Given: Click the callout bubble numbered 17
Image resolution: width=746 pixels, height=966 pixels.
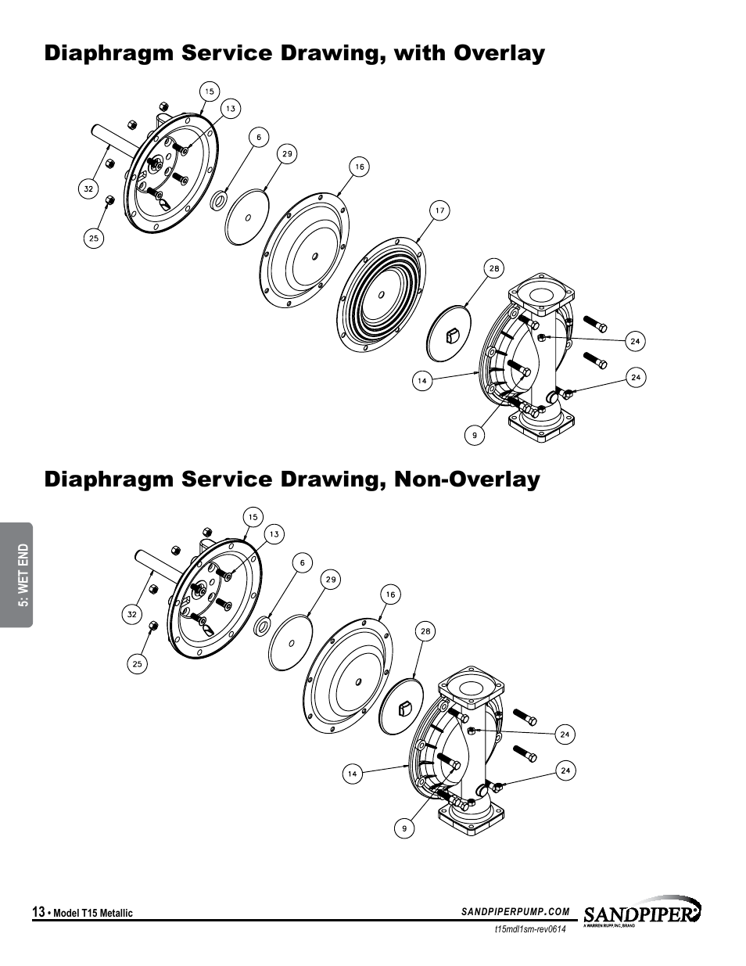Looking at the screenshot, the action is pyautogui.click(x=440, y=210).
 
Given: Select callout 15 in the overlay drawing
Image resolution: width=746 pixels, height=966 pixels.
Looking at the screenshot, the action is pyautogui.click(x=209, y=92).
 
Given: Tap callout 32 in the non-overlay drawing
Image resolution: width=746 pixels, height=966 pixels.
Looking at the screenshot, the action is pyautogui.click(x=132, y=614).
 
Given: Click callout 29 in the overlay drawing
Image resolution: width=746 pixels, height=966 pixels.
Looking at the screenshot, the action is pyautogui.click(x=287, y=154).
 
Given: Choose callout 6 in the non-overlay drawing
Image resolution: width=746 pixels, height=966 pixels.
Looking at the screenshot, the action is pyautogui.click(x=302, y=562).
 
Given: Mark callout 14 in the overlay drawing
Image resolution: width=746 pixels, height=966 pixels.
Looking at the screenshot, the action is pyautogui.click(x=421, y=381).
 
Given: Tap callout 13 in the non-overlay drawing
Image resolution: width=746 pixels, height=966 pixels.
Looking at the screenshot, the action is pyautogui.click(x=274, y=535).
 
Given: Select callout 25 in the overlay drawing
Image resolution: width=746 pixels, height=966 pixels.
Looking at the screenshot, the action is pyautogui.click(x=94, y=239).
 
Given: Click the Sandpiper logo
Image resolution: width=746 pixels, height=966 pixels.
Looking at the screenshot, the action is pyautogui.click(x=641, y=913).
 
